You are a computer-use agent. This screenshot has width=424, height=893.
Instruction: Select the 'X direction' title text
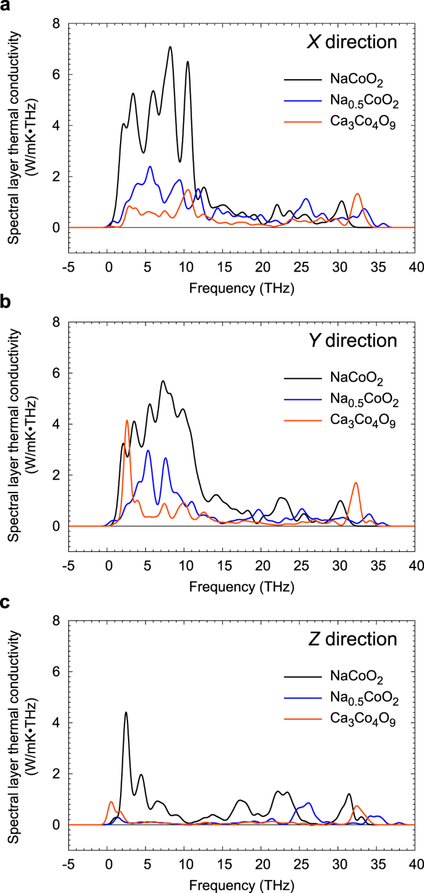point(353,43)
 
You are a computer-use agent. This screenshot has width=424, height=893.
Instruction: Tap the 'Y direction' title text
point(353,341)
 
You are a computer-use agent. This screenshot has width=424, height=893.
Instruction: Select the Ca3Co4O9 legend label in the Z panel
point(363,720)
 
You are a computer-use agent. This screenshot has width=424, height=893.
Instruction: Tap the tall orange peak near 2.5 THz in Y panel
point(127,421)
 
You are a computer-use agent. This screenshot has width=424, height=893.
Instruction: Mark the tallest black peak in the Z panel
point(126,712)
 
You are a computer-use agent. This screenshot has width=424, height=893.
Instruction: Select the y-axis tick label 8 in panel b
point(56,322)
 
